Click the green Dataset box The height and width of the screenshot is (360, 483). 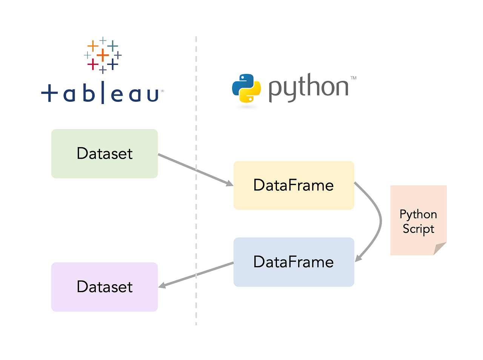105,153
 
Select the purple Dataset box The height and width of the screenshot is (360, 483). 105,287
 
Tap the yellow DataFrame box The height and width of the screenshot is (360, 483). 294,185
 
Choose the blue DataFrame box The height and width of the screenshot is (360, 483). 294,262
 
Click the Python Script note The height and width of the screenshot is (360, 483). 418,221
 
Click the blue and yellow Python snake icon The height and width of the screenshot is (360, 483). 246,88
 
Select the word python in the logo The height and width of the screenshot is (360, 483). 308,87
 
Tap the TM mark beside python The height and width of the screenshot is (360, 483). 353,78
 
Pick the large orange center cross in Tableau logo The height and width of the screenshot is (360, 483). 103,55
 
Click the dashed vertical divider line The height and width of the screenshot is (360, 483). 196,226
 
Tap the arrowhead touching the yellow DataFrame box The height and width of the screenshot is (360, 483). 229,184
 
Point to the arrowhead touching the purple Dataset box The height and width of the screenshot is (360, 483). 162,286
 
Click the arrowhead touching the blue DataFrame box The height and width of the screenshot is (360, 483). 358,258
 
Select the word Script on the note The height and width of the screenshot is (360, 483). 418,229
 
